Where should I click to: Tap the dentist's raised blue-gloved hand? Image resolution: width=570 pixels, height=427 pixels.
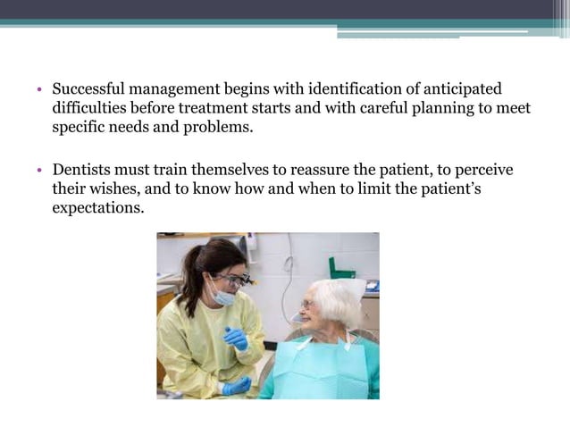point(237,338)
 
